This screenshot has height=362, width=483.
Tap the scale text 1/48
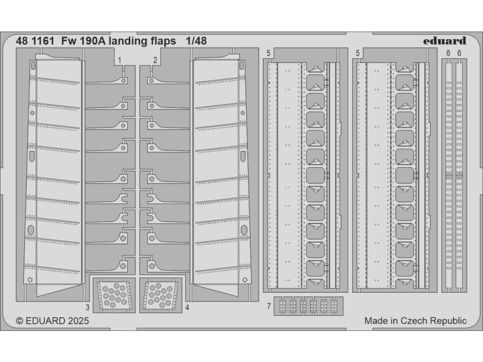point(196,41)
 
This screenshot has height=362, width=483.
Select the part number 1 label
point(120,60)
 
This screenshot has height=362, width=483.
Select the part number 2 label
point(155,60)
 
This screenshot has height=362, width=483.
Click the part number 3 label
point(88,308)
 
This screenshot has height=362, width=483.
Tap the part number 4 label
point(187,308)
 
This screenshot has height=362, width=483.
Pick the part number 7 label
point(268,307)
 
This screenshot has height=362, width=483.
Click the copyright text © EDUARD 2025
point(52,321)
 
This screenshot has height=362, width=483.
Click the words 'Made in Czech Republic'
point(415,321)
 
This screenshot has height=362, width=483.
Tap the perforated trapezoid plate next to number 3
point(113,294)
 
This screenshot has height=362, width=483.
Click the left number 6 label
point(448,54)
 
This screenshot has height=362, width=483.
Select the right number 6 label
point(459,54)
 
